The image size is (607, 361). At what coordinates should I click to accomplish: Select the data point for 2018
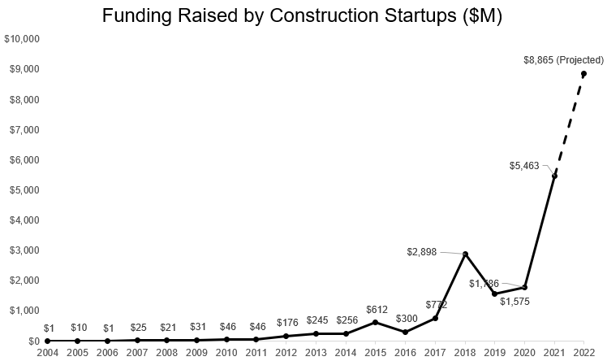coord(465,254)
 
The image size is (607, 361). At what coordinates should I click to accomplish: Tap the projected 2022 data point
coord(583,74)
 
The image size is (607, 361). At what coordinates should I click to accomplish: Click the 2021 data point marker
coord(554,176)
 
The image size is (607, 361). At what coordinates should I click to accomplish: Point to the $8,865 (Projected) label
coord(562,59)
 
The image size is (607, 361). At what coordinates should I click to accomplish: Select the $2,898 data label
coord(422,252)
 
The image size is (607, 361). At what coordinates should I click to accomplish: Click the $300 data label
coord(405,317)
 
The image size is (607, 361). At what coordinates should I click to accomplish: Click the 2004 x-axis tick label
coord(47,352)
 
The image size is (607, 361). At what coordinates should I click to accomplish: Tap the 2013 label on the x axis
coord(316,352)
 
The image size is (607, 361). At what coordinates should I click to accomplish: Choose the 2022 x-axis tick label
coord(584,352)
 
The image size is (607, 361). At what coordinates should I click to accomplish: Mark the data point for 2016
coord(405,332)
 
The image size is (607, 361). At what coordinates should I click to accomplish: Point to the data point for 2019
coord(494,294)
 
